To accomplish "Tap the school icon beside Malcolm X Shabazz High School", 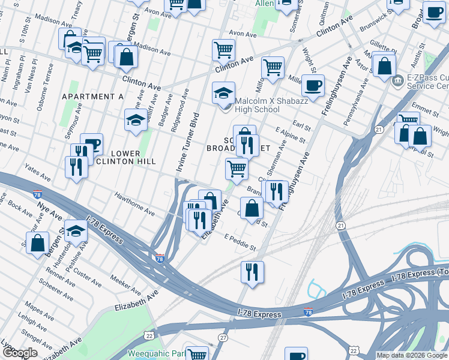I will pos(223,94).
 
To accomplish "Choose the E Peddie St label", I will pos(240,243).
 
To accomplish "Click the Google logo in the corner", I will pos(20,353).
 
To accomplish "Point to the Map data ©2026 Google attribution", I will pos(412,355).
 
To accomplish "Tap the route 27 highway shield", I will pos(223,338).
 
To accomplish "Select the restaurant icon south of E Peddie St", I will pos(252,272).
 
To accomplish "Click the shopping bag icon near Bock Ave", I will pos(37,244).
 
